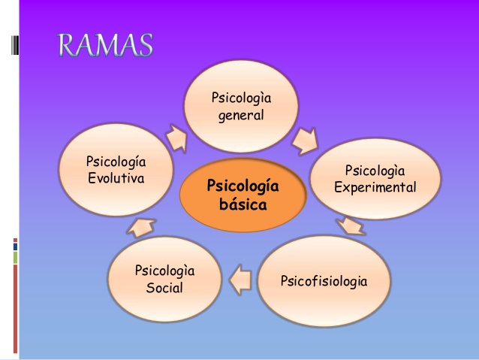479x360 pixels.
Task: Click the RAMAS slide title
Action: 106,46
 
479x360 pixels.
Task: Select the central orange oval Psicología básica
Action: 243,195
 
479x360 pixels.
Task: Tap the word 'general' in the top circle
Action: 241,116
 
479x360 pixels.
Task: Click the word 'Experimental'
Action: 375,187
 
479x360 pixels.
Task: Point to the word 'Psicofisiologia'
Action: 324,282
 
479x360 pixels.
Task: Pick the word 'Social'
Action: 164,288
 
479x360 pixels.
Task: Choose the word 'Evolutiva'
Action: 116,179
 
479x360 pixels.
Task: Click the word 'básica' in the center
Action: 243,204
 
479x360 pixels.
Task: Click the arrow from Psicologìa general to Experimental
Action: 304,138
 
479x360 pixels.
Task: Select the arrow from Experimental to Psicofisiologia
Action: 351,225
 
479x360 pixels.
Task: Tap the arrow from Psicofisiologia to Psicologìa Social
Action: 239,279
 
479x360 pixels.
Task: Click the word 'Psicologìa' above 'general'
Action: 241,98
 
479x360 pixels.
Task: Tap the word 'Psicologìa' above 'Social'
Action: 164,271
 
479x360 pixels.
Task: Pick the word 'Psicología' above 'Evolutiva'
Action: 116,162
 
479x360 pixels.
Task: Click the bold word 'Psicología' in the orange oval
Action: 243,185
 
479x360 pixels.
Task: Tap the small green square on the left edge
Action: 15,258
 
